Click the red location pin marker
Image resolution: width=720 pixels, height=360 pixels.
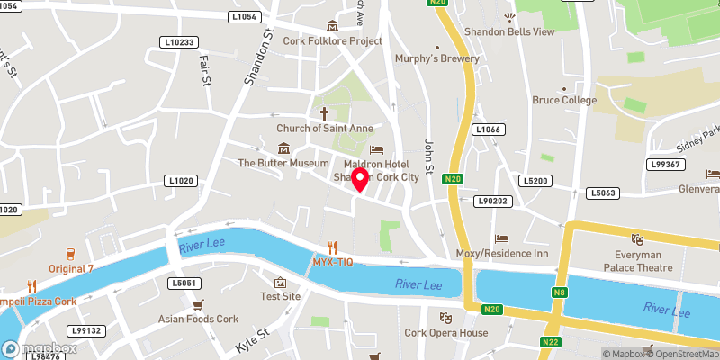(361, 179)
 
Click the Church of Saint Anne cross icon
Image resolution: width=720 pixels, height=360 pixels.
(324, 113)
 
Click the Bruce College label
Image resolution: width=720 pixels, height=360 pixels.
(564, 100)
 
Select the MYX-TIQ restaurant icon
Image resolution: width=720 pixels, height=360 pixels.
(332, 246)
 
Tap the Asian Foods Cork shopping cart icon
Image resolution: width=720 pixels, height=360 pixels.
(198, 304)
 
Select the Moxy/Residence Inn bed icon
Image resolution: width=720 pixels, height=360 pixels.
(502, 239)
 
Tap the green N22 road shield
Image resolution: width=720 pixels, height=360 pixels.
(551, 342)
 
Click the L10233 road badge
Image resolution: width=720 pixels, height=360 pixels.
(178, 42)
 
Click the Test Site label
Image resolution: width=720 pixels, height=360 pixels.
(280, 296)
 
